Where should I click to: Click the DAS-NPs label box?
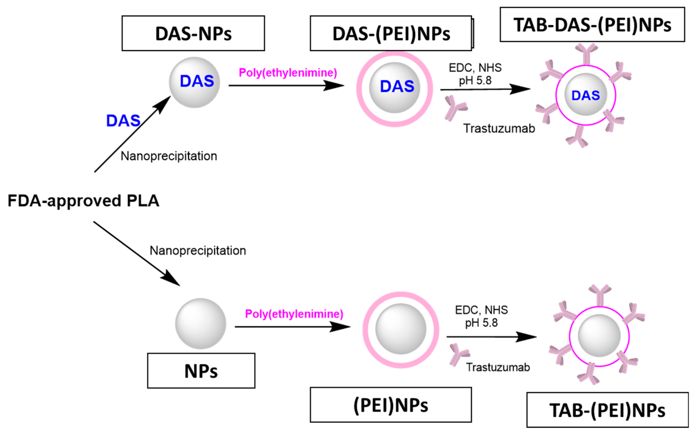[x=193, y=33]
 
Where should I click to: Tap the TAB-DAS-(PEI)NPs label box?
[x=592, y=25]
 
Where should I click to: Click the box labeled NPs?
[x=201, y=371]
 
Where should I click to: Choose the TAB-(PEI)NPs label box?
[x=607, y=410]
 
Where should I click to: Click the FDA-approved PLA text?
[x=83, y=201]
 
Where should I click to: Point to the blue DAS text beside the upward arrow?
[x=123, y=120]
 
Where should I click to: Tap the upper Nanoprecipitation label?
[x=169, y=156]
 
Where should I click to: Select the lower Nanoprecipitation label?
[x=198, y=251]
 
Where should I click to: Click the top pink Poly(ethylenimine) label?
[x=288, y=73]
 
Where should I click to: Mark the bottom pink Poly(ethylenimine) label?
[x=294, y=314]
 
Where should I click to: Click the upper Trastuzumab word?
[x=499, y=128]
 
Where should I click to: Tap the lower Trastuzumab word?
[x=498, y=367]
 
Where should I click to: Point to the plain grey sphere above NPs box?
[x=201, y=324]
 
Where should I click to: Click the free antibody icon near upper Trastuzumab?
[x=455, y=108]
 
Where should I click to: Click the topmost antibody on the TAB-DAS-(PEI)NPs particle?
[x=586, y=54]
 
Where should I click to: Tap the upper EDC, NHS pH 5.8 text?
[x=475, y=74]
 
